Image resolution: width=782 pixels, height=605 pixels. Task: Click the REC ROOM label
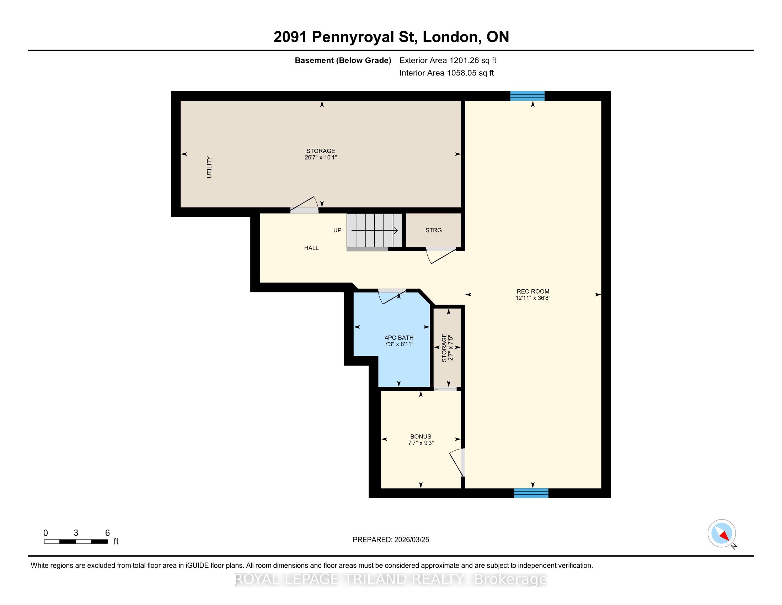(x=533, y=291)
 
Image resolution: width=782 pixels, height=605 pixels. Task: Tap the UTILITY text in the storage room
(x=209, y=167)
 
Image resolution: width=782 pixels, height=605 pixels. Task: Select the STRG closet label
(x=434, y=230)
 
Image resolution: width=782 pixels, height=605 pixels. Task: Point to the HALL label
(x=311, y=248)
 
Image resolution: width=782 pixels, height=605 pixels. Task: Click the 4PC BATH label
(x=399, y=338)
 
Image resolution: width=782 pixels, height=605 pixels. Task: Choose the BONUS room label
(x=421, y=437)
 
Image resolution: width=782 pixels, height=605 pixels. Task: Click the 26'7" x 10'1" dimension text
(x=321, y=157)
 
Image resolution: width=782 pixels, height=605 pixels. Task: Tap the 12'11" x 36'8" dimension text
(x=533, y=298)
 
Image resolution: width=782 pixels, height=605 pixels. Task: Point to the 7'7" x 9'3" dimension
(x=421, y=443)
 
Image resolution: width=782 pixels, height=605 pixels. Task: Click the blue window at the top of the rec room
(x=527, y=96)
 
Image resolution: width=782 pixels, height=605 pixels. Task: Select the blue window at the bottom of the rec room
(x=531, y=493)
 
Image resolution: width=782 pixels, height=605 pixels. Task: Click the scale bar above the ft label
(x=76, y=542)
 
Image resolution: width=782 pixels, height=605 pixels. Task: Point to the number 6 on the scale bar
(x=107, y=533)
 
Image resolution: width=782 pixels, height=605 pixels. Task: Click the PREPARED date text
(x=391, y=540)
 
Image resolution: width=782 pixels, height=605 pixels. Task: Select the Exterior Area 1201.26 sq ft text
(x=448, y=60)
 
